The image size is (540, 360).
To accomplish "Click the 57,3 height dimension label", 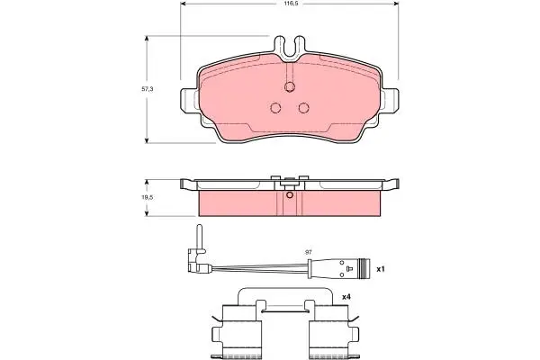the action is tap(148, 89).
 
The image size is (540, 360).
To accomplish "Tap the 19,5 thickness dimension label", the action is tap(148, 198).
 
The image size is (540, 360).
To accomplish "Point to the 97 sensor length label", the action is tap(309, 252).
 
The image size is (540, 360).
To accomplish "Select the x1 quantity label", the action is tap(380, 269).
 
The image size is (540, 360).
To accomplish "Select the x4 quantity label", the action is tap(346, 297).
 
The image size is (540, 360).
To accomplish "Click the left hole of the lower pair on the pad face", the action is tap(275, 108).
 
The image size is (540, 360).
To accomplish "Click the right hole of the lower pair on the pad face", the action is tap(303, 108).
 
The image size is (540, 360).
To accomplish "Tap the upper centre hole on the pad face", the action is tap(290, 87).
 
